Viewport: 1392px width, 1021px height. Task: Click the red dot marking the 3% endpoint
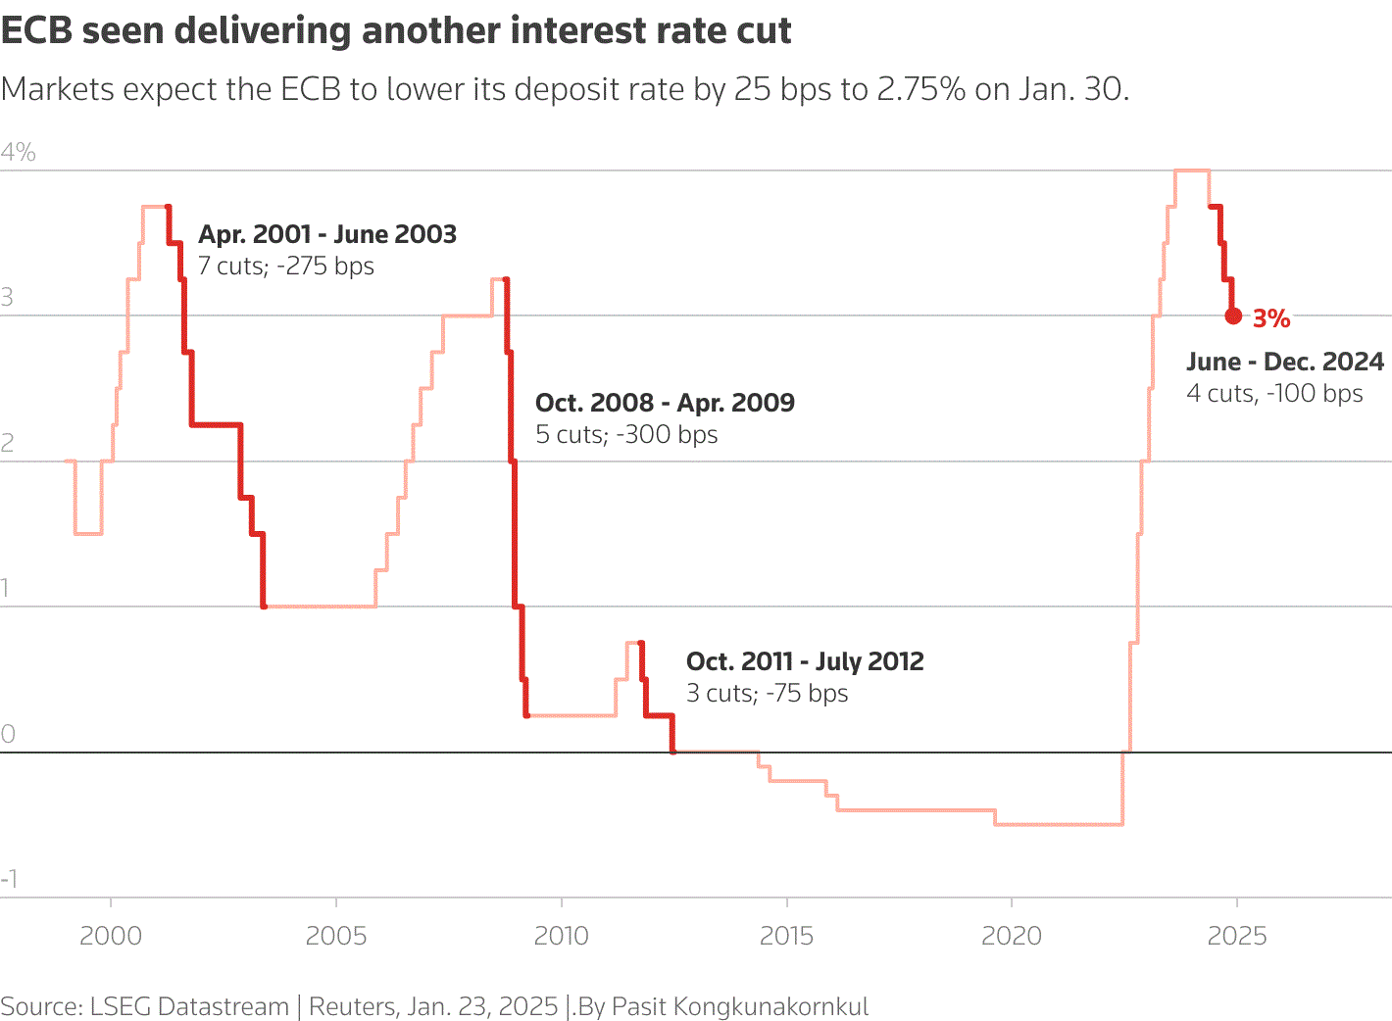(x=1233, y=316)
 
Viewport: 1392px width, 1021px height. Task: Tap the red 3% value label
(x=1271, y=318)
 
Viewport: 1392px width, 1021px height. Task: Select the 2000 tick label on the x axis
(x=111, y=936)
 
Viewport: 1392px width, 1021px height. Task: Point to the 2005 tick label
(x=336, y=936)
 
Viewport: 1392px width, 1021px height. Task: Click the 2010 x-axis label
(x=562, y=936)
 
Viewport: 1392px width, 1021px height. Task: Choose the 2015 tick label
(x=787, y=936)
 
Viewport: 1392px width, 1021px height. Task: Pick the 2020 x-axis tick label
(x=1012, y=936)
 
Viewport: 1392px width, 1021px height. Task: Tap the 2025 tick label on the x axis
(x=1237, y=936)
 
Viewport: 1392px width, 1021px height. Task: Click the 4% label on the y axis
(x=19, y=152)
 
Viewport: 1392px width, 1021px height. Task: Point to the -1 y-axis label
(x=10, y=879)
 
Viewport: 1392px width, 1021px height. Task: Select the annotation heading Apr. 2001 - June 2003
(x=327, y=234)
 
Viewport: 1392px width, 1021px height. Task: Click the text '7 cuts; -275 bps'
(x=286, y=267)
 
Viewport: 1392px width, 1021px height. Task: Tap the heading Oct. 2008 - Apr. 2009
(x=665, y=403)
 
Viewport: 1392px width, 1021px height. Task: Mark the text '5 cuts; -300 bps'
(x=626, y=435)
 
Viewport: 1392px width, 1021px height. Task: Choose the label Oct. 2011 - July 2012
(x=805, y=661)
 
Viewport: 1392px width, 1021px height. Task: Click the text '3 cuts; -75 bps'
(x=767, y=694)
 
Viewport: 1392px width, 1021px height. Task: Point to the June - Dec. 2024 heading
(x=1285, y=362)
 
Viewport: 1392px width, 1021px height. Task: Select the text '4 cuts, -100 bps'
(x=1274, y=394)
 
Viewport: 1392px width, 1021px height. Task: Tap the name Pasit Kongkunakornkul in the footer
(x=740, y=1006)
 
